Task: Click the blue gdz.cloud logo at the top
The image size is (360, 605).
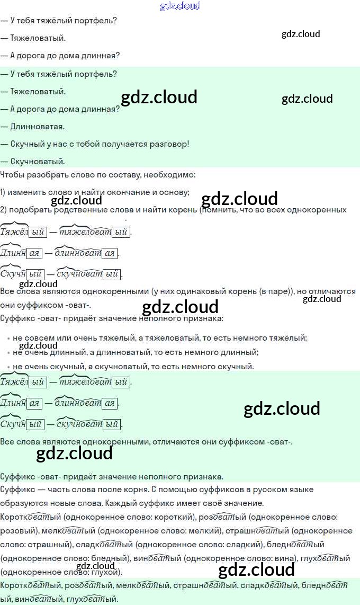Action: pos(180,6)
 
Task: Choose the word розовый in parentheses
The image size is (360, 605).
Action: pos(19,531)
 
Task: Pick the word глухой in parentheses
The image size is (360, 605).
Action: pos(106,572)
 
